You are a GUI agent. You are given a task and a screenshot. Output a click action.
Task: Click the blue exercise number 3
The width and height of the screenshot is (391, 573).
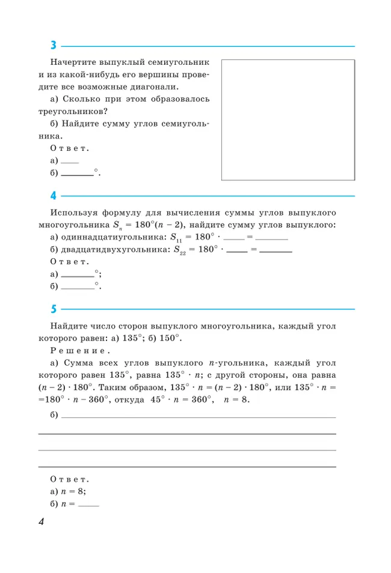tap(54, 46)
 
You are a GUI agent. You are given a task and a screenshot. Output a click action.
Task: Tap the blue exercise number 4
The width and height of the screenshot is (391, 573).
tap(54, 196)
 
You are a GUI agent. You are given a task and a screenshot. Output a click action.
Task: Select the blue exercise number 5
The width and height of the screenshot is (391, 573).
tap(54, 309)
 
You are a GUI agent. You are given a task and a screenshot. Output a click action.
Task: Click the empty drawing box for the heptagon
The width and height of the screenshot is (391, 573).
tap(288, 120)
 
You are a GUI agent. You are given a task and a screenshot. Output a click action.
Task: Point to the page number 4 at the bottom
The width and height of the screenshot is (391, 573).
tap(41, 522)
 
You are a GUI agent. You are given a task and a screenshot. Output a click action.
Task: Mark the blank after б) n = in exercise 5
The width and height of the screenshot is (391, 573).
tap(88, 506)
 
